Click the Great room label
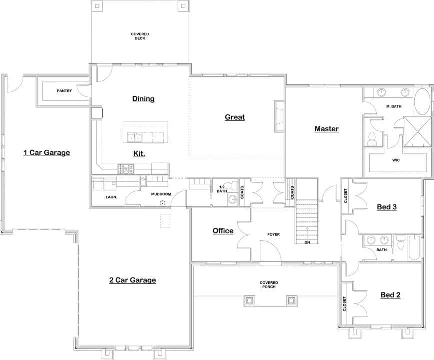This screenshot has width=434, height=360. tap(234, 117)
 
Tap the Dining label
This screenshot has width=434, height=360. tap(143, 99)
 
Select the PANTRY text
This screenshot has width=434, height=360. tap(64, 91)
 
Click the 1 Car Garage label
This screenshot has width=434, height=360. tap(47, 152)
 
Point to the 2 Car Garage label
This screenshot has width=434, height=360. tap(132, 280)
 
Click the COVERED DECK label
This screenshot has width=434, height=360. tap(140, 36)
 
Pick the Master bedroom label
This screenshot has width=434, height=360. tap(326, 129)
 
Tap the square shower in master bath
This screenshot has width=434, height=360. tap(417, 131)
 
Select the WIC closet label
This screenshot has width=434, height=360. tap(396, 161)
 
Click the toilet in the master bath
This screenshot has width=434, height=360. tap(372, 139)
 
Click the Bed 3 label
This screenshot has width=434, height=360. tap(386, 206)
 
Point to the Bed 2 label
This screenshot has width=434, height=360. tap(390, 295)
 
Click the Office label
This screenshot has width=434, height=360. tap(223, 231)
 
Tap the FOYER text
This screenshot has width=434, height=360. tap(273, 234)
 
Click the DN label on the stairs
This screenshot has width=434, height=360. tap(307, 243)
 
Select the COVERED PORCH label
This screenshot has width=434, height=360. tap(269, 285)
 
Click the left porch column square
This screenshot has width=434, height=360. tap(249, 300)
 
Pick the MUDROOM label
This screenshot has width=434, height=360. tap(161, 194)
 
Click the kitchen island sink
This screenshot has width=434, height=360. tap(133, 137)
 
